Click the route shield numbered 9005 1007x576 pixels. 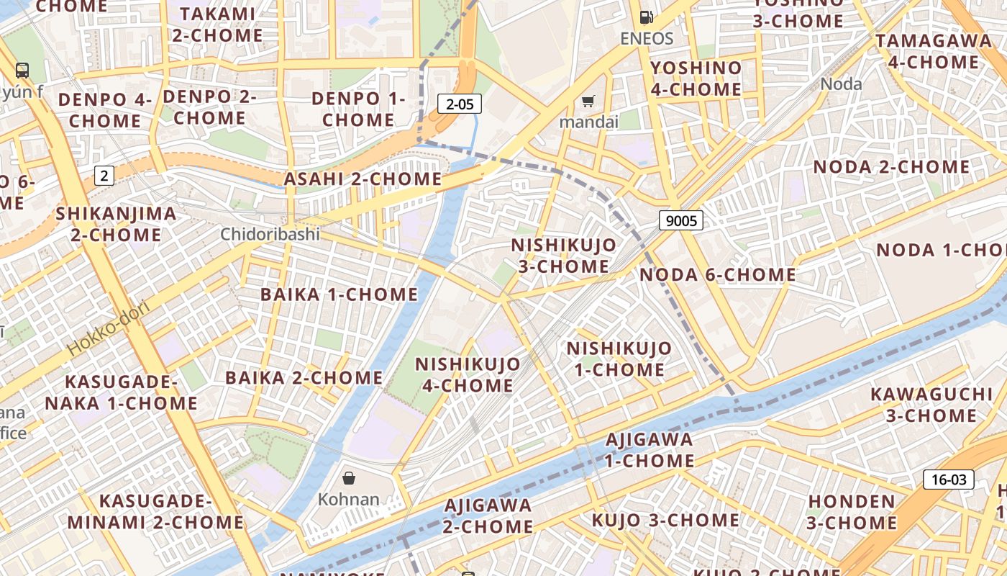pos(680,220)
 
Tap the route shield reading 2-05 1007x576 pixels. pos(460,104)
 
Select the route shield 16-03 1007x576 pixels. pos(949,480)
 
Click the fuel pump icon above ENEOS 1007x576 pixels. pos(647,17)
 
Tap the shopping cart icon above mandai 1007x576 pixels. pos(588,102)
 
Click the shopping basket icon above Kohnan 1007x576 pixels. pos(349,477)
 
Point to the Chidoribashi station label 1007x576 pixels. pos(270,234)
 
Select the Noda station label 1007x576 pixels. pos(841,84)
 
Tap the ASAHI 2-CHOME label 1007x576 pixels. pos(363,179)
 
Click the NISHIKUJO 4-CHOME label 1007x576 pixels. pos(468,374)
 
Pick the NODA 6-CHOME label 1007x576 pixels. pos(717,274)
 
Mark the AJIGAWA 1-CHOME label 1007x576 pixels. pos(649,449)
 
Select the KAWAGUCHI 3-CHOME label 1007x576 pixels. pos(931,405)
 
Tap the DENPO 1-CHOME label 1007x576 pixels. pos(358,109)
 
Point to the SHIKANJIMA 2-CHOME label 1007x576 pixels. pos(116,224)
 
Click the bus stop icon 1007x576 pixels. pos(22,70)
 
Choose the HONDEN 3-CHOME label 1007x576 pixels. pos(852,511)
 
